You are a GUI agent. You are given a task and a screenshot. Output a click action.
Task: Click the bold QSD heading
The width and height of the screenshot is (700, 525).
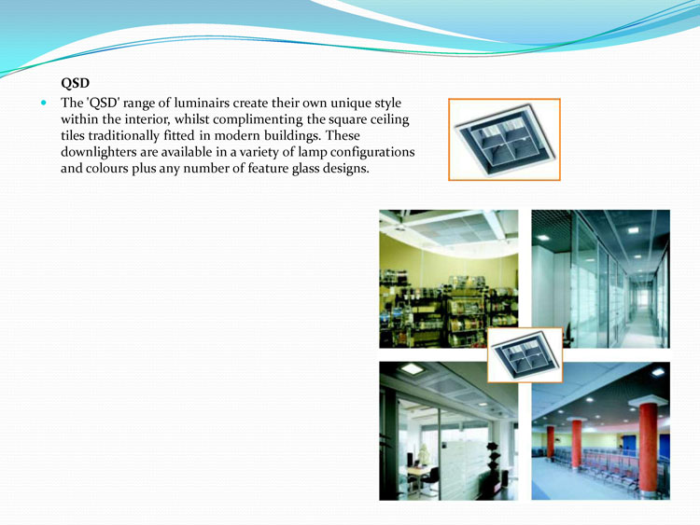point(75,83)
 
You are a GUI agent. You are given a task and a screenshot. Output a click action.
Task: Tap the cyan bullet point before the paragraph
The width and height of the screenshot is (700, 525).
point(43,103)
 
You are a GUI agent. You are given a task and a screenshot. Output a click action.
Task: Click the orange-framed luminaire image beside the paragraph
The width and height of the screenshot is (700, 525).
point(504,140)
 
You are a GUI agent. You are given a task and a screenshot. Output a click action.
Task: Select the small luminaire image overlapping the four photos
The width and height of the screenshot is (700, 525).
point(525,355)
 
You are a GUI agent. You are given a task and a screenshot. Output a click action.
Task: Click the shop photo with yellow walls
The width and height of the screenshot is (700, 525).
point(449,279)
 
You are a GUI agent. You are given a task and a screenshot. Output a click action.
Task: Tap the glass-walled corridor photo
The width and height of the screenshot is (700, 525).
point(600,279)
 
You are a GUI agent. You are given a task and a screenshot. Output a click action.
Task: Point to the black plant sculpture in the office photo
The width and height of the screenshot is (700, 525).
point(493,462)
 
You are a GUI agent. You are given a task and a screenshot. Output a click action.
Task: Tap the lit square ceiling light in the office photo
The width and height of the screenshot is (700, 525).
point(412,369)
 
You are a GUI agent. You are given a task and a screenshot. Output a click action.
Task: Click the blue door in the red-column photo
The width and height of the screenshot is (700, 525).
point(629,447)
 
